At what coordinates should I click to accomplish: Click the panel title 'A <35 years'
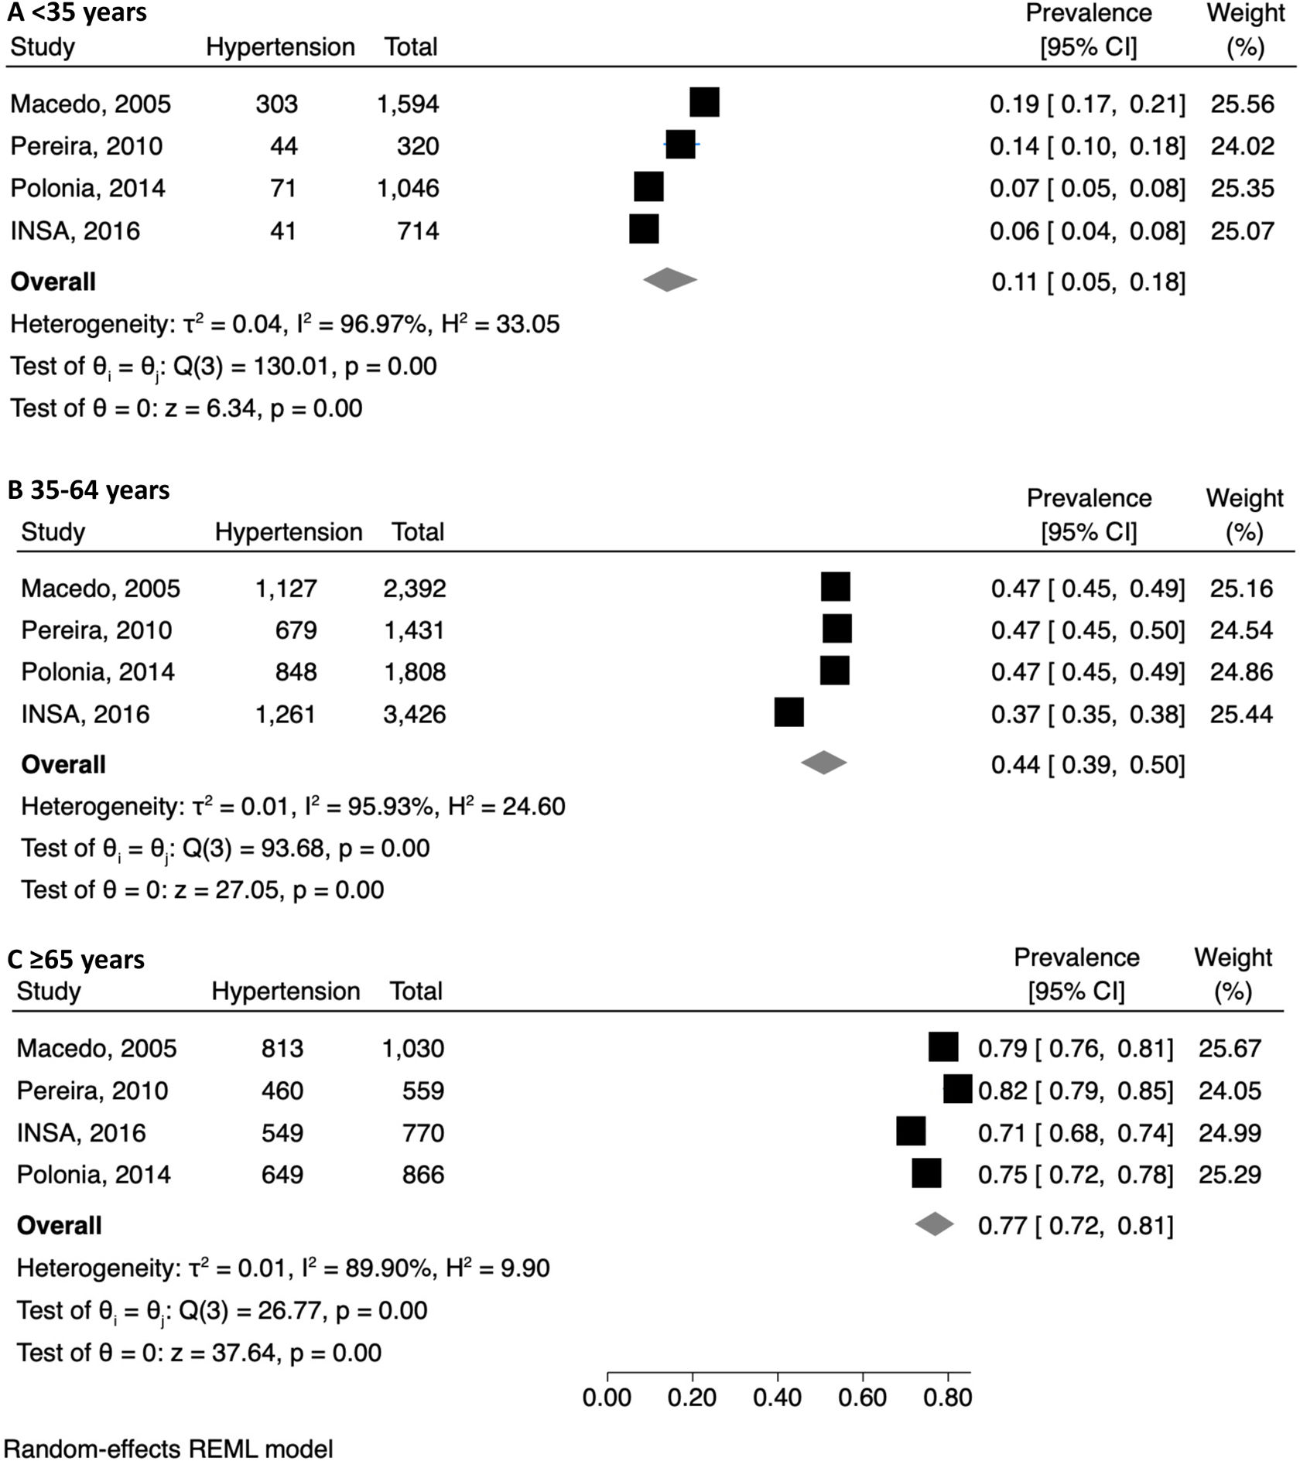tap(77, 12)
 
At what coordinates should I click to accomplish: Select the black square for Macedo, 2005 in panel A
tap(704, 102)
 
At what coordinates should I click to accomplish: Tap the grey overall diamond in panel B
tap(823, 763)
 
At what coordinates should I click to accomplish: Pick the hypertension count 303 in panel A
tap(276, 104)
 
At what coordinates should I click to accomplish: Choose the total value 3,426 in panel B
tap(415, 713)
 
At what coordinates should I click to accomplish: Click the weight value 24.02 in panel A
tap(1242, 146)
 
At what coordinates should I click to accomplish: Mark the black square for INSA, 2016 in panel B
tap(789, 712)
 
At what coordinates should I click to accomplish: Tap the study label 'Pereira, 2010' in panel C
tap(92, 1091)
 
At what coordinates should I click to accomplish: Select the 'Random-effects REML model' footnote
tap(169, 1448)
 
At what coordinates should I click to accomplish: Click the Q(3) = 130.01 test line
tap(224, 367)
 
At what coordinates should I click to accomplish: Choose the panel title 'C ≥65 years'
tap(76, 960)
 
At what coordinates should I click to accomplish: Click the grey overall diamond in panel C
tap(934, 1224)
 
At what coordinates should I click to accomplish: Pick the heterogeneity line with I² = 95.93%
tap(292, 807)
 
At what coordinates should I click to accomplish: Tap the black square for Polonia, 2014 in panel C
tap(926, 1173)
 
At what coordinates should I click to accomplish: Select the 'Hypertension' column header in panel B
tap(289, 532)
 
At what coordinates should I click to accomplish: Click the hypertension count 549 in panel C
tap(282, 1133)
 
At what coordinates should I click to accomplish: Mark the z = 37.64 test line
tap(199, 1353)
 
